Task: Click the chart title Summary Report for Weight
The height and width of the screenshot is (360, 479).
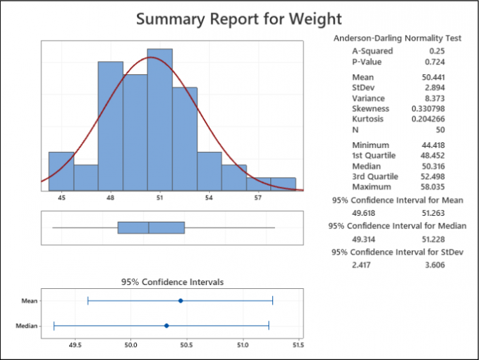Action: coord(239,18)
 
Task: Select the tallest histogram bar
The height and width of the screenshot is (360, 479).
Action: coord(160,118)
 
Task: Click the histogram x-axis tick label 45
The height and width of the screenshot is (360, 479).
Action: coord(61,197)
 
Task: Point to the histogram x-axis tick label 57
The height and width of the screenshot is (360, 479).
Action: coord(259,197)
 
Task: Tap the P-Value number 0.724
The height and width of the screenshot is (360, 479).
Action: coord(435,63)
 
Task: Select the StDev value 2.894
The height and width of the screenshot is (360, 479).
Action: coord(435,88)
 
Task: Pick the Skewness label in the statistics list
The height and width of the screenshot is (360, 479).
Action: coord(370,109)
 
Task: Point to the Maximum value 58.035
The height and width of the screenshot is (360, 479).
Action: coord(433,187)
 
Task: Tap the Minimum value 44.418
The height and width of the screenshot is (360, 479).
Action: coord(433,145)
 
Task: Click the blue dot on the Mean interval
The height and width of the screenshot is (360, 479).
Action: coord(180,301)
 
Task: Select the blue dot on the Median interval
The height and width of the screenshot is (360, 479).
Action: coord(166,326)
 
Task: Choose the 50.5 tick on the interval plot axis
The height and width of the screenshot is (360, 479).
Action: coord(187,345)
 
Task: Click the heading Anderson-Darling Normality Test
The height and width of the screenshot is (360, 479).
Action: coord(397,39)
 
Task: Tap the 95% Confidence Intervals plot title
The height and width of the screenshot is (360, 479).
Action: coord(172,282)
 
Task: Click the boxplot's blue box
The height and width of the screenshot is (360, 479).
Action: coord(151,228)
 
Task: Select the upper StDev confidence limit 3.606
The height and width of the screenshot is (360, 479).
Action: coord(435,264)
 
